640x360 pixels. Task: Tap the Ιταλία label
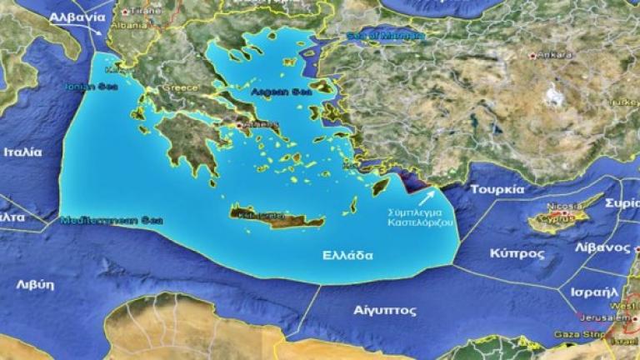pyautogui.click(x=22, y=152)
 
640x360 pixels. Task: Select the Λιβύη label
pyautogui.click(x=35, y=284)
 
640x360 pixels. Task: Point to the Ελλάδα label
pyautogui.click(x=347, y=255)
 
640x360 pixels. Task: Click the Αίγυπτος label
pyautogui.click(x=384, y=309)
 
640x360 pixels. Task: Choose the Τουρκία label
pyautogui.click(x=497, y=189)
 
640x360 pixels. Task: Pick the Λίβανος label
pyautogui.click(x=603, y=248)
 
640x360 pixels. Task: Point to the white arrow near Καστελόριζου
pyautogui.click(x=426, y=197)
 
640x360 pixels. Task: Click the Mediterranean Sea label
pyautogui.click(x=112, y=220)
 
